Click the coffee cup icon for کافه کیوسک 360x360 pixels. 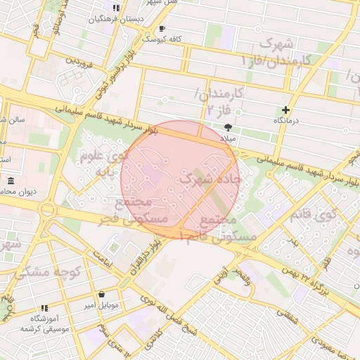162,29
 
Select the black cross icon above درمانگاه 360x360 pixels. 285,110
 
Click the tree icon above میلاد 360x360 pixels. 227,127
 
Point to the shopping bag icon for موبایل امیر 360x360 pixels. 103,295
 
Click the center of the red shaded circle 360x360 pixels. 180,180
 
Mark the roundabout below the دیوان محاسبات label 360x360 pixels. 48,209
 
